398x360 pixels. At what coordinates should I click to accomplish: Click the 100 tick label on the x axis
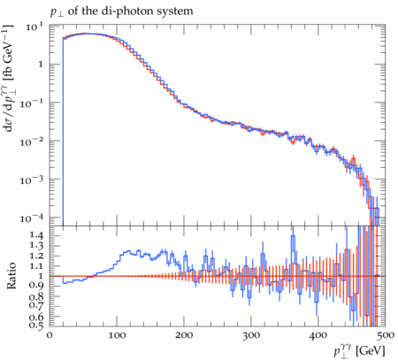point(117,335)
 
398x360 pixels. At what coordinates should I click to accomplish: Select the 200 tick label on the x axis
point(184,335)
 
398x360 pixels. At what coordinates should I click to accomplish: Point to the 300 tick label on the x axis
point(251,335)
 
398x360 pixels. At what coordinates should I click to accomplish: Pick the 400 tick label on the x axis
point(318,335)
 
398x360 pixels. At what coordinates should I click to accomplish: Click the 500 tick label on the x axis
point(386,335)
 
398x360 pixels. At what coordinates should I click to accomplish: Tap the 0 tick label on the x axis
point(50,335)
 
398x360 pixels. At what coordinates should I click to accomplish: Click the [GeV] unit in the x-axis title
point(371,351)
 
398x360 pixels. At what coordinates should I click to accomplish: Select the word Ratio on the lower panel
point(11,276)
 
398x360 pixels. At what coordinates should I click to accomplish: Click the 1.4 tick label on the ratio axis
point(36,235)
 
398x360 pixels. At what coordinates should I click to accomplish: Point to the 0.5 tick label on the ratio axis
point(36,326)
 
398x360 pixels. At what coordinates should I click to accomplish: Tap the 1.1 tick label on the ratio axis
point(36,265)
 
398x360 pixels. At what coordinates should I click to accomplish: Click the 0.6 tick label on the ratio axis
point(36,317)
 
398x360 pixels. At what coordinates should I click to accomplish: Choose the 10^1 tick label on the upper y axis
point(34,27)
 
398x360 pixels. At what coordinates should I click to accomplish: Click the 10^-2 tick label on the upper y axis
point(32,142)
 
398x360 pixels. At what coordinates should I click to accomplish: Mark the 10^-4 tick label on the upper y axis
point(32,218)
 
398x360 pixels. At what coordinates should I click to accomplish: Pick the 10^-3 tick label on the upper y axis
point(32,180)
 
